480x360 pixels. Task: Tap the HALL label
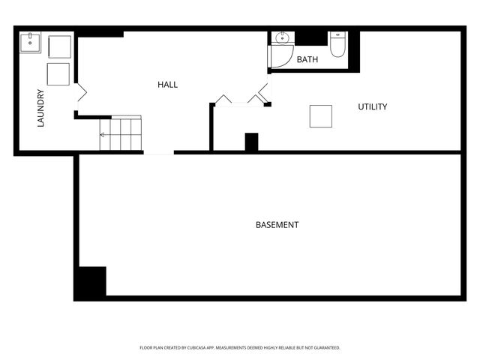(167, 85)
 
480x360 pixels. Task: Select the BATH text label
(307, 59)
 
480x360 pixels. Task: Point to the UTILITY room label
(372, 107)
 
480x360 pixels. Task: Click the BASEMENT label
(277, 225)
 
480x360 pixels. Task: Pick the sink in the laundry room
(31, 41)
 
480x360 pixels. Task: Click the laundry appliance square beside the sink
(59, 46)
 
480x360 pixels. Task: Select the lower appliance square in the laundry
(58, 73)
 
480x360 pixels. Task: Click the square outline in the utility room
(321, 116)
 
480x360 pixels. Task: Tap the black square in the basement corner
(90, 282)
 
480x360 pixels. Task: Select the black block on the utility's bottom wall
(251, 142)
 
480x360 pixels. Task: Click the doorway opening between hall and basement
(159, 153)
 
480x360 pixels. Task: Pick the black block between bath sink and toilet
(313, 37)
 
